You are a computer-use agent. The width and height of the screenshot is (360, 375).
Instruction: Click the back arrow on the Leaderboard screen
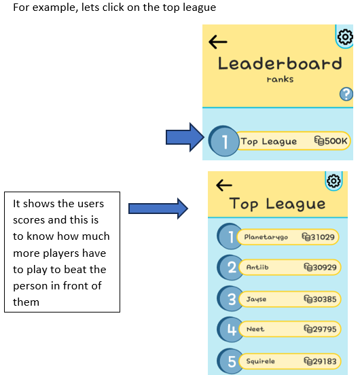218,42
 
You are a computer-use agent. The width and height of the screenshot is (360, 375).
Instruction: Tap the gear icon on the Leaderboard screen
345,37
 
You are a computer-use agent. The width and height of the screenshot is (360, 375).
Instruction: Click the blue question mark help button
346,94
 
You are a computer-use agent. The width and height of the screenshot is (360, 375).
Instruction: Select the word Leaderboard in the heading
280,64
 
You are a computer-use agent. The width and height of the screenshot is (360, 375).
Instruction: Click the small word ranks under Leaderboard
280,79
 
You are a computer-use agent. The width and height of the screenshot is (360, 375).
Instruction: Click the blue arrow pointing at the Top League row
185,137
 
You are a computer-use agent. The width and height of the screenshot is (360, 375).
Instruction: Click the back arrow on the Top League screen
224,185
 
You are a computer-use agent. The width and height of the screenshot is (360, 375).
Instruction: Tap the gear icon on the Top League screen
334,181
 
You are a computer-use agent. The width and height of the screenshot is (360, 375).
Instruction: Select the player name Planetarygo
266,237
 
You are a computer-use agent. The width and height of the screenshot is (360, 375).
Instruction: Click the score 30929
325,267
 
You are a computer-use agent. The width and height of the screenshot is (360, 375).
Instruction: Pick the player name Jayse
256,299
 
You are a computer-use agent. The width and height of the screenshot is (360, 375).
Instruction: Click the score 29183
325,361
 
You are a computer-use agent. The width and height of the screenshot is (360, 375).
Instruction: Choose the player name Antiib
257,267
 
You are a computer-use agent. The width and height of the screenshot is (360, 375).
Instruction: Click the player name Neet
255,329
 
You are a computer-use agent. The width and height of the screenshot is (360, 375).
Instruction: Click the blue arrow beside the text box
158,209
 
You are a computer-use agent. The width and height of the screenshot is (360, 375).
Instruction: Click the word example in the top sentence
55,8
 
